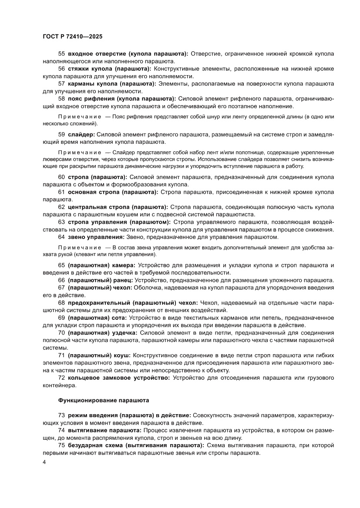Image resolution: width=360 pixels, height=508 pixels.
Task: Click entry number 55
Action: coord(61,53)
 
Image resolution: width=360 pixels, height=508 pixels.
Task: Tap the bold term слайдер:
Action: coord(81,135)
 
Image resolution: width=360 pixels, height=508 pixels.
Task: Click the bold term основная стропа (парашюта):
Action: coord(114,191)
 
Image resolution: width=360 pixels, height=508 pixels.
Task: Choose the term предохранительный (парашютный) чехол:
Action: coord(132,302)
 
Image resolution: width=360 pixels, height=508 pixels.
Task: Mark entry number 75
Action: coord(61,446)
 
